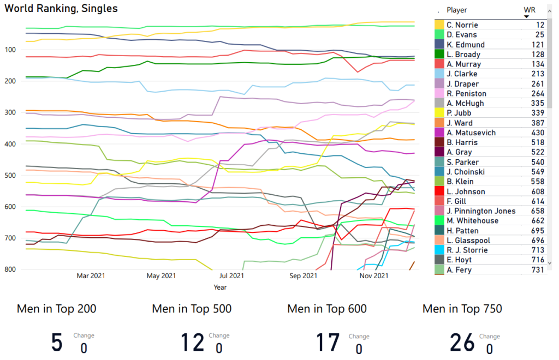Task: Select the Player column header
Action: pos(457,10)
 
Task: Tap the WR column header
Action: pos(529,10)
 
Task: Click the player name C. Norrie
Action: pos(462,25)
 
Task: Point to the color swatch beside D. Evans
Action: pos(439,35)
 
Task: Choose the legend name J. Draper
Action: pos(462,84)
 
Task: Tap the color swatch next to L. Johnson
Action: pos(439,192)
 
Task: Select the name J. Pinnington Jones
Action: pos(480,211)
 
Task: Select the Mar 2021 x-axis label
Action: pos(91,277)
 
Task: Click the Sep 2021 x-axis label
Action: pos(303,277)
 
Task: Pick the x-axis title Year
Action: pos(220,287)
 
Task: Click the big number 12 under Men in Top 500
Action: pos(193,343)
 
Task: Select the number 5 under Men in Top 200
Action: pos(57,343)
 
